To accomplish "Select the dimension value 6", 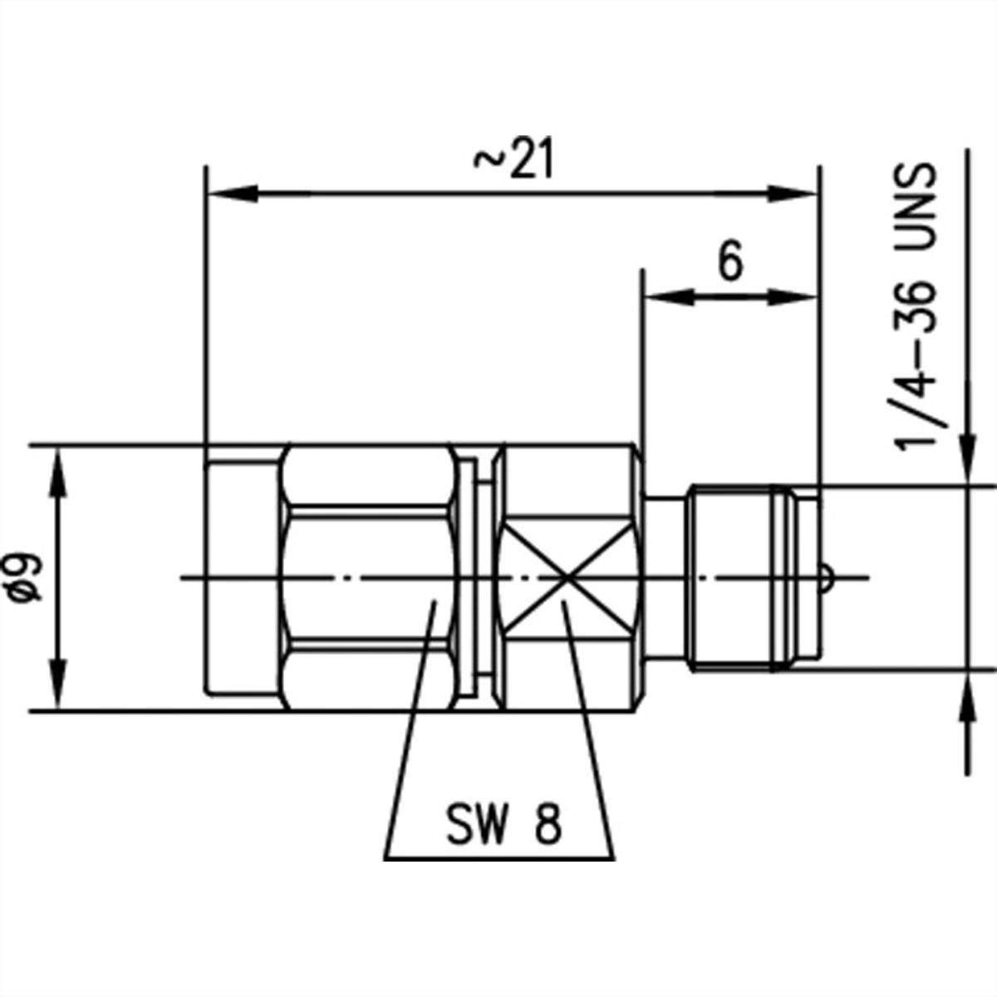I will (x=729, y=263).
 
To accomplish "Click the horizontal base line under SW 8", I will (x=501, y=858).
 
